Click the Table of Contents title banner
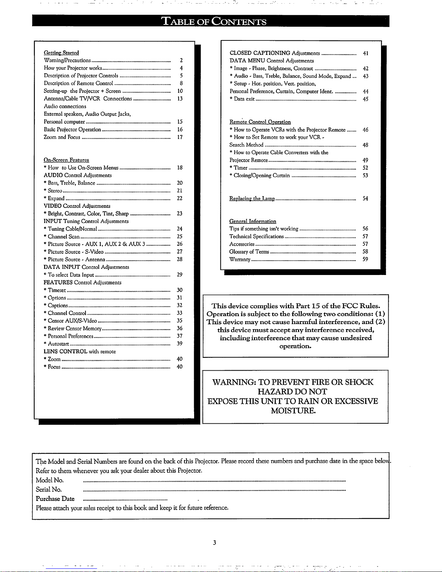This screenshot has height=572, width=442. click(x=214, y=21)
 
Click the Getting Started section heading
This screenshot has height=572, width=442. click(x=61, y=53)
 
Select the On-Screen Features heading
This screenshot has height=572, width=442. click(x=66, y=160)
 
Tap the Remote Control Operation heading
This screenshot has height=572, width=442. click(x=260, y=122)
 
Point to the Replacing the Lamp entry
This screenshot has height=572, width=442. click(x=252, y=198)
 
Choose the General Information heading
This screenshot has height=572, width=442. click(x=253, y=221)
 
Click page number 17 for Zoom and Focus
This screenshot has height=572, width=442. click(x=180, y=137)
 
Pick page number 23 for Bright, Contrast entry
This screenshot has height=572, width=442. click(x=179, y=214)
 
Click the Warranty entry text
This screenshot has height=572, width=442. click(x=240, y=259)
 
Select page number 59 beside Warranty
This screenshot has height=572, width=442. click(x=365, y=259)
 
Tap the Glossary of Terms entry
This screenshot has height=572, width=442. click(x=249, y=252)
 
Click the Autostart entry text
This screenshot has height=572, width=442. click(x=58, y=344)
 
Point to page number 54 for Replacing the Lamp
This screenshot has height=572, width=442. click(x=365, y=198)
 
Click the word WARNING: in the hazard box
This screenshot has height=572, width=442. click(x=235, y=382)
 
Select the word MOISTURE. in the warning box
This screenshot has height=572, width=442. click(x=293, y=411)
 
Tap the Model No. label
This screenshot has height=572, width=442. click(x=50, y=480)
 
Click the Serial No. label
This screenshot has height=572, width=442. click(x=49, y=490)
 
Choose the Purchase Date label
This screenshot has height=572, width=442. click(x=55, y=499)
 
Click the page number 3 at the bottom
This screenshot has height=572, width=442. click(x=214, y=542)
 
